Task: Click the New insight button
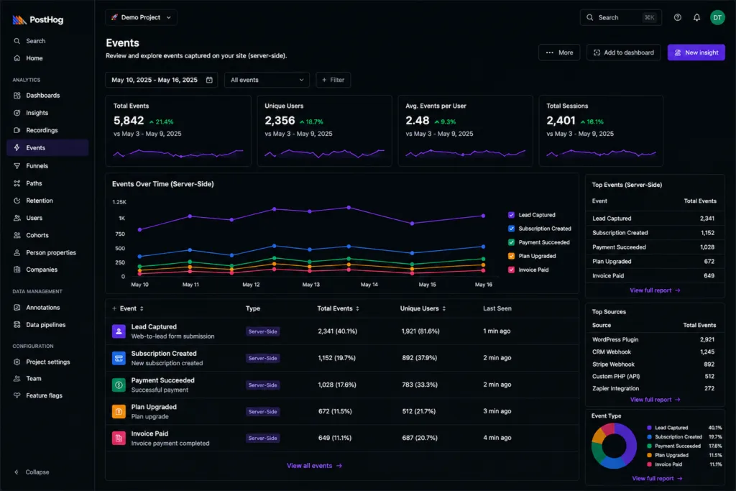click(x=696, y=52)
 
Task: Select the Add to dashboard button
click(x=623, y=52)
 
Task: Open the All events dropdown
click(x=267, y=80)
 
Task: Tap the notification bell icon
click(x=696, y=17)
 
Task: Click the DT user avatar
click(x=717, y=17)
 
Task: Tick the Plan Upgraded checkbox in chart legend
click(x=511, y=256)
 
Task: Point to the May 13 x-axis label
click(x=310, y=285)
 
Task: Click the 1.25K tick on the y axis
click(x=119, y=202)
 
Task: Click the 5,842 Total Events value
click(x=129, y=121)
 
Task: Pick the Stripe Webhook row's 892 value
click(x=709, y=364)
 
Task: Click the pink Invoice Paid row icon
click(x=119, y=438)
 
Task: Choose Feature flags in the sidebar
click(x=44, y=395)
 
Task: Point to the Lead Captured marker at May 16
click(x=484, y=216)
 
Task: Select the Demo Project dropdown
click(x=141, y=17)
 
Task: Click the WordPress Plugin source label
click(x=615, y=339)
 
